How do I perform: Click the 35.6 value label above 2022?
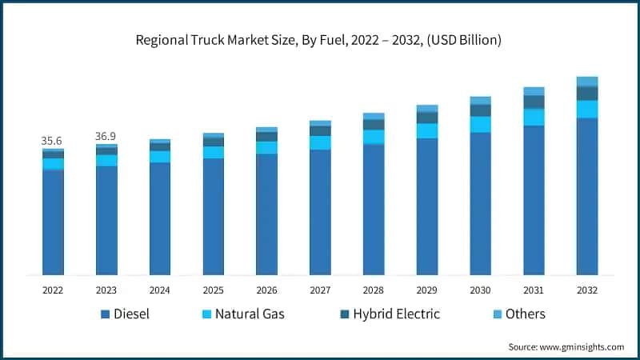[53, 141]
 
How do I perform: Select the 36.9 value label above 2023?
[106, 137]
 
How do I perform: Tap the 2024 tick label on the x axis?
[159, 289]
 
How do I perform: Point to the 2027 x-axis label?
[320, 289]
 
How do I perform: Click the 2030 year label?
[480, 289]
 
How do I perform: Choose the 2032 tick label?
[587, 289]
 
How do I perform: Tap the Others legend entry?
[525, 314]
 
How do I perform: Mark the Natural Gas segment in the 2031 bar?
[534, 117]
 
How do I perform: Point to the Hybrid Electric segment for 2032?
[587, 93]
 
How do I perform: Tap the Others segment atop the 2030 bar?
[480, 100]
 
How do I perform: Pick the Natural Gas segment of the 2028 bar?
[374, 137]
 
